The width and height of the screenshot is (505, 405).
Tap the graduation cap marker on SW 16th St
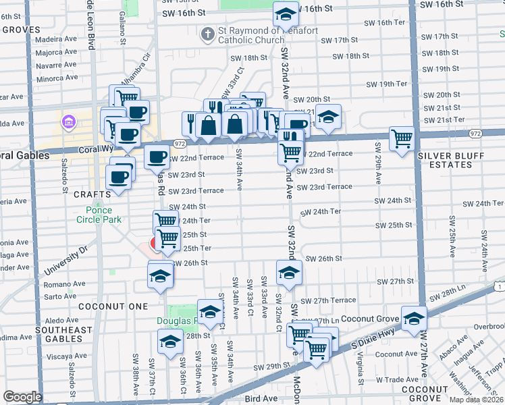click(x=286, y=13)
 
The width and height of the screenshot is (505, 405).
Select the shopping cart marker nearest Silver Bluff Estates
click(x=402, y=139)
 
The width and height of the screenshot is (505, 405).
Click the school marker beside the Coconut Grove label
click(x=413, y=319)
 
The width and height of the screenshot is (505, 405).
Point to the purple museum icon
click(x=68, y=122)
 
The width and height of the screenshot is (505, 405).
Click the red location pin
click(x=155, y=243)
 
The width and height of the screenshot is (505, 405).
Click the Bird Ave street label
click(x=261, y=399)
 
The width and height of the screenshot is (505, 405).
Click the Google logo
click(x=22, y=397)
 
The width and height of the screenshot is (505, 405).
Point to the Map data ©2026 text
click(x=476, y=400)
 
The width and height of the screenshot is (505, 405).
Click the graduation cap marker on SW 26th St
click(x=289, y=273)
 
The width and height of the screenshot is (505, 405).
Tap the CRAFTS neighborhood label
click(x=87, y=194)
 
